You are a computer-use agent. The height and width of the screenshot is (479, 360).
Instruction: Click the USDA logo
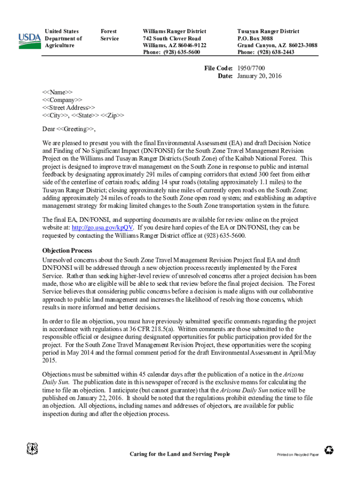point(29,40)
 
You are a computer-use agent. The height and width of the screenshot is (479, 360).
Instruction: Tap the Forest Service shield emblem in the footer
point(32,450)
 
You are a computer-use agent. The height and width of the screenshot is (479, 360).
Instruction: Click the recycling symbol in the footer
point(330,450)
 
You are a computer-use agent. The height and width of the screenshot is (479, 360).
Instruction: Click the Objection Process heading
point(67,251)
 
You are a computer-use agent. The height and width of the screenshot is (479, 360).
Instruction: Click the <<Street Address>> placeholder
point(68,107)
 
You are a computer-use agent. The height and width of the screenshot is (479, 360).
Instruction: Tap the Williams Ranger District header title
point(174,31)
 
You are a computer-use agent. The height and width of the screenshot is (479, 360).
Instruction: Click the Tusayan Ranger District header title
point(268,31)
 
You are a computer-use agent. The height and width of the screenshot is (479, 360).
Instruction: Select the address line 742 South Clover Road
point(172,38)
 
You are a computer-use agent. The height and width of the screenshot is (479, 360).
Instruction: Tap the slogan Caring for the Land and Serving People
point(180,454)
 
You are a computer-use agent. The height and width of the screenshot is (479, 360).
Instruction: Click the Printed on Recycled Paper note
point(297,455)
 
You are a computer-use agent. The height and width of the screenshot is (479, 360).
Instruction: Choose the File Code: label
point(218,68)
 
